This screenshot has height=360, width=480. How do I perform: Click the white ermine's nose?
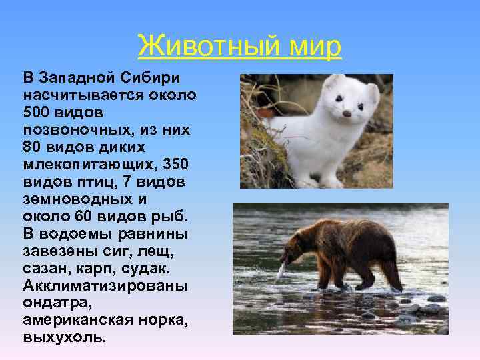(347, 114)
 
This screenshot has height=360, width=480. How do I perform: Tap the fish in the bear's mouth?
(282, 269)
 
